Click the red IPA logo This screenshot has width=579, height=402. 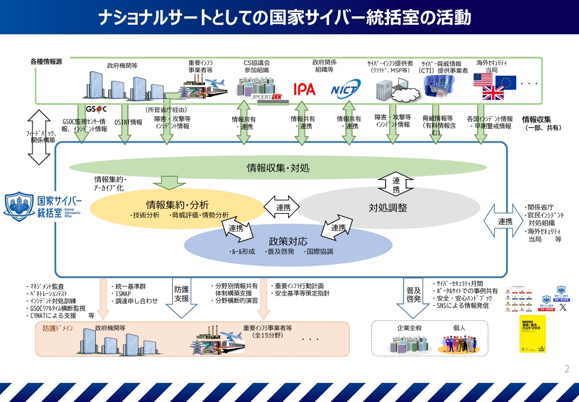(x=304, y=89)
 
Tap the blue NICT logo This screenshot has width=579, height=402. (x=345, y=89)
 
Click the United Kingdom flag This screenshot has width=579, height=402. (x=493, y=93)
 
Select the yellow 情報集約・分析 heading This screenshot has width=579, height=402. (x=177, y=204)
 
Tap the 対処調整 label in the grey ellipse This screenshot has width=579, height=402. (x=388, y=207)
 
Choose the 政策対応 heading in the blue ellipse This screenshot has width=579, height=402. (x=288, y=241)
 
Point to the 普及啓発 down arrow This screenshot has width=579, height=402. (x=414, y=297)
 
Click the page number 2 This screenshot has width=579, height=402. (x=567, y=368)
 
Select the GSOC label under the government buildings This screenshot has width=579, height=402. (x=95, y=108)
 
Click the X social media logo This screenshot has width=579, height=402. (x=563, y=307)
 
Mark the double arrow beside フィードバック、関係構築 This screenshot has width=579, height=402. (x=39, y=137)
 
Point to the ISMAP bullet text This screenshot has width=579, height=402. (x=124, y=293)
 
